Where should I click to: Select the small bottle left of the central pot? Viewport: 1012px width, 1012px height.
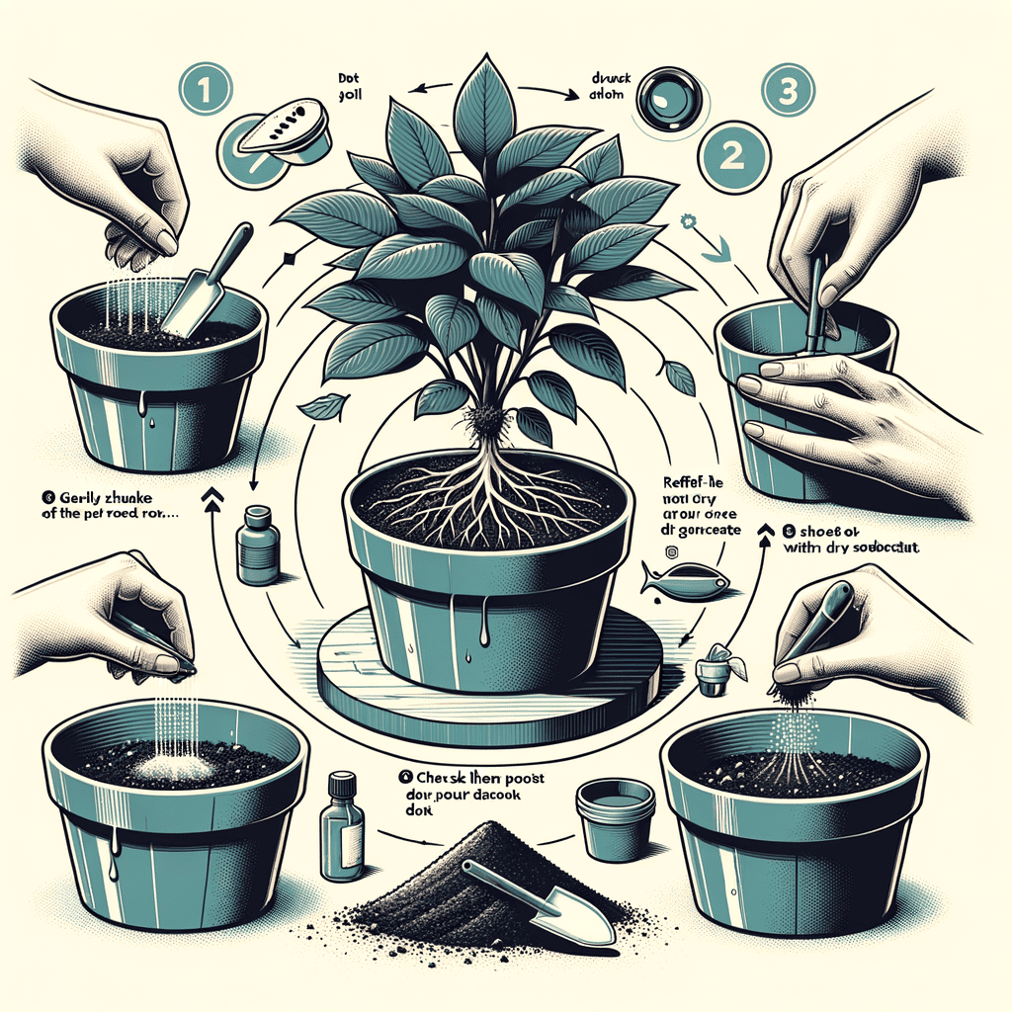coord(256,548)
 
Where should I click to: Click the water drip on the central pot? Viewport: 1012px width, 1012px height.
coord(483,629)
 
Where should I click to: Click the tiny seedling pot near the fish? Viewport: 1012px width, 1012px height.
coord(715,675)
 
